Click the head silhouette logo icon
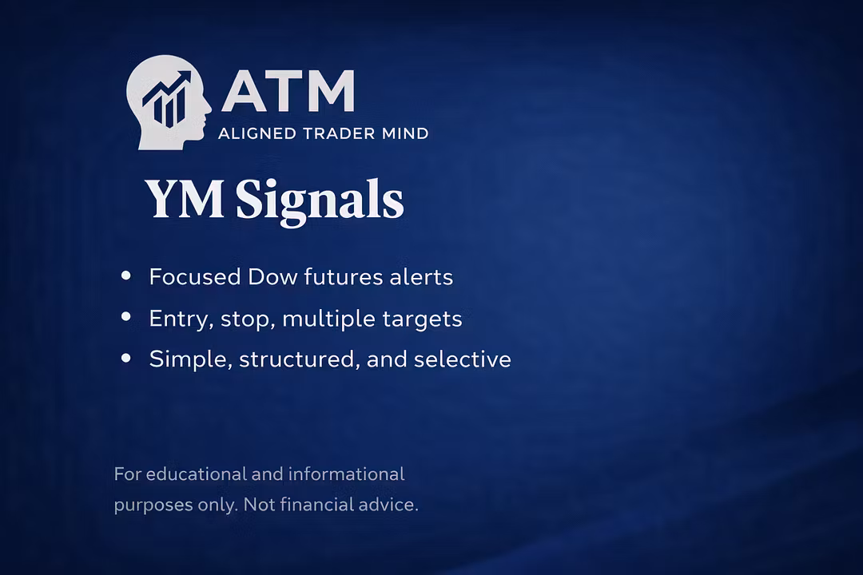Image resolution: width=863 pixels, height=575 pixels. [x=168, y=102]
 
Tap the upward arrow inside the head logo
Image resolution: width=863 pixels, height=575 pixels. [x=167, y=87]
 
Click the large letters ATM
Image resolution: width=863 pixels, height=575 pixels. [x=288, y=91]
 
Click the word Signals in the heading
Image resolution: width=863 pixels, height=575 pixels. [x=320, y=201]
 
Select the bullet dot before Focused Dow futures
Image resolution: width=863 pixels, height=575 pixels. [x=126, y=275]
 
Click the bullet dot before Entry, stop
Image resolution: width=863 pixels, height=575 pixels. [x=126, y=316]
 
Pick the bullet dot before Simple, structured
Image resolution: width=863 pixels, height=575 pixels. [x=126, y=359]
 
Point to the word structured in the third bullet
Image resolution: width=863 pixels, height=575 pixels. [x=300, y=359]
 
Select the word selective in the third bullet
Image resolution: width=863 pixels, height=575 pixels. [x=463, y=359]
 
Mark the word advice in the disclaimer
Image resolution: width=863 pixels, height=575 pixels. [x=388, y=505]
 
